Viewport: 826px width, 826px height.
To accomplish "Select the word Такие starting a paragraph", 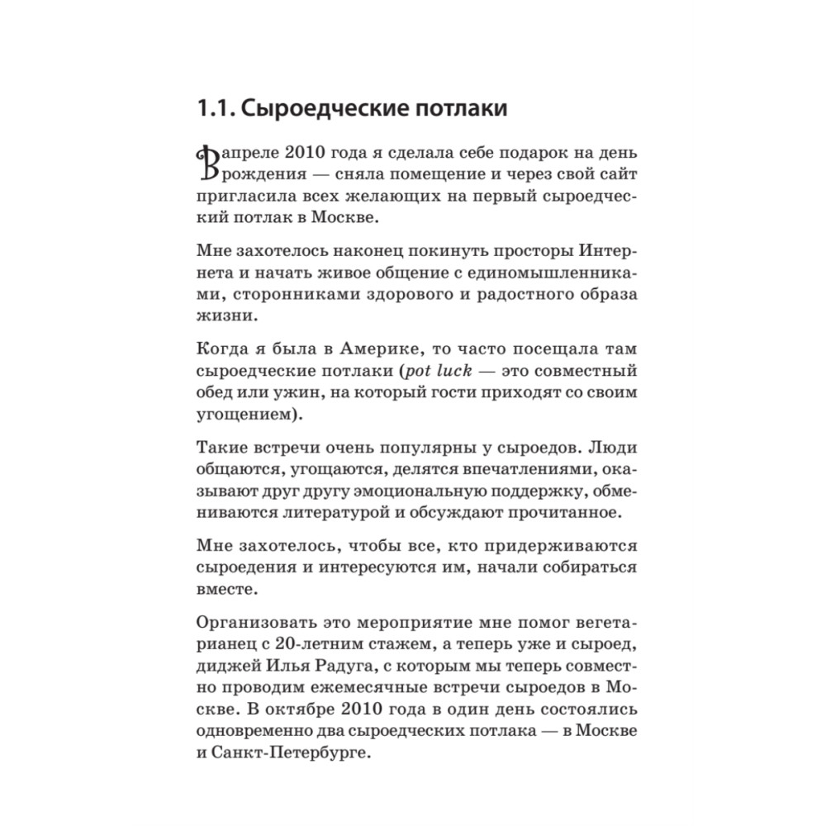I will (x=225, y=449).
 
